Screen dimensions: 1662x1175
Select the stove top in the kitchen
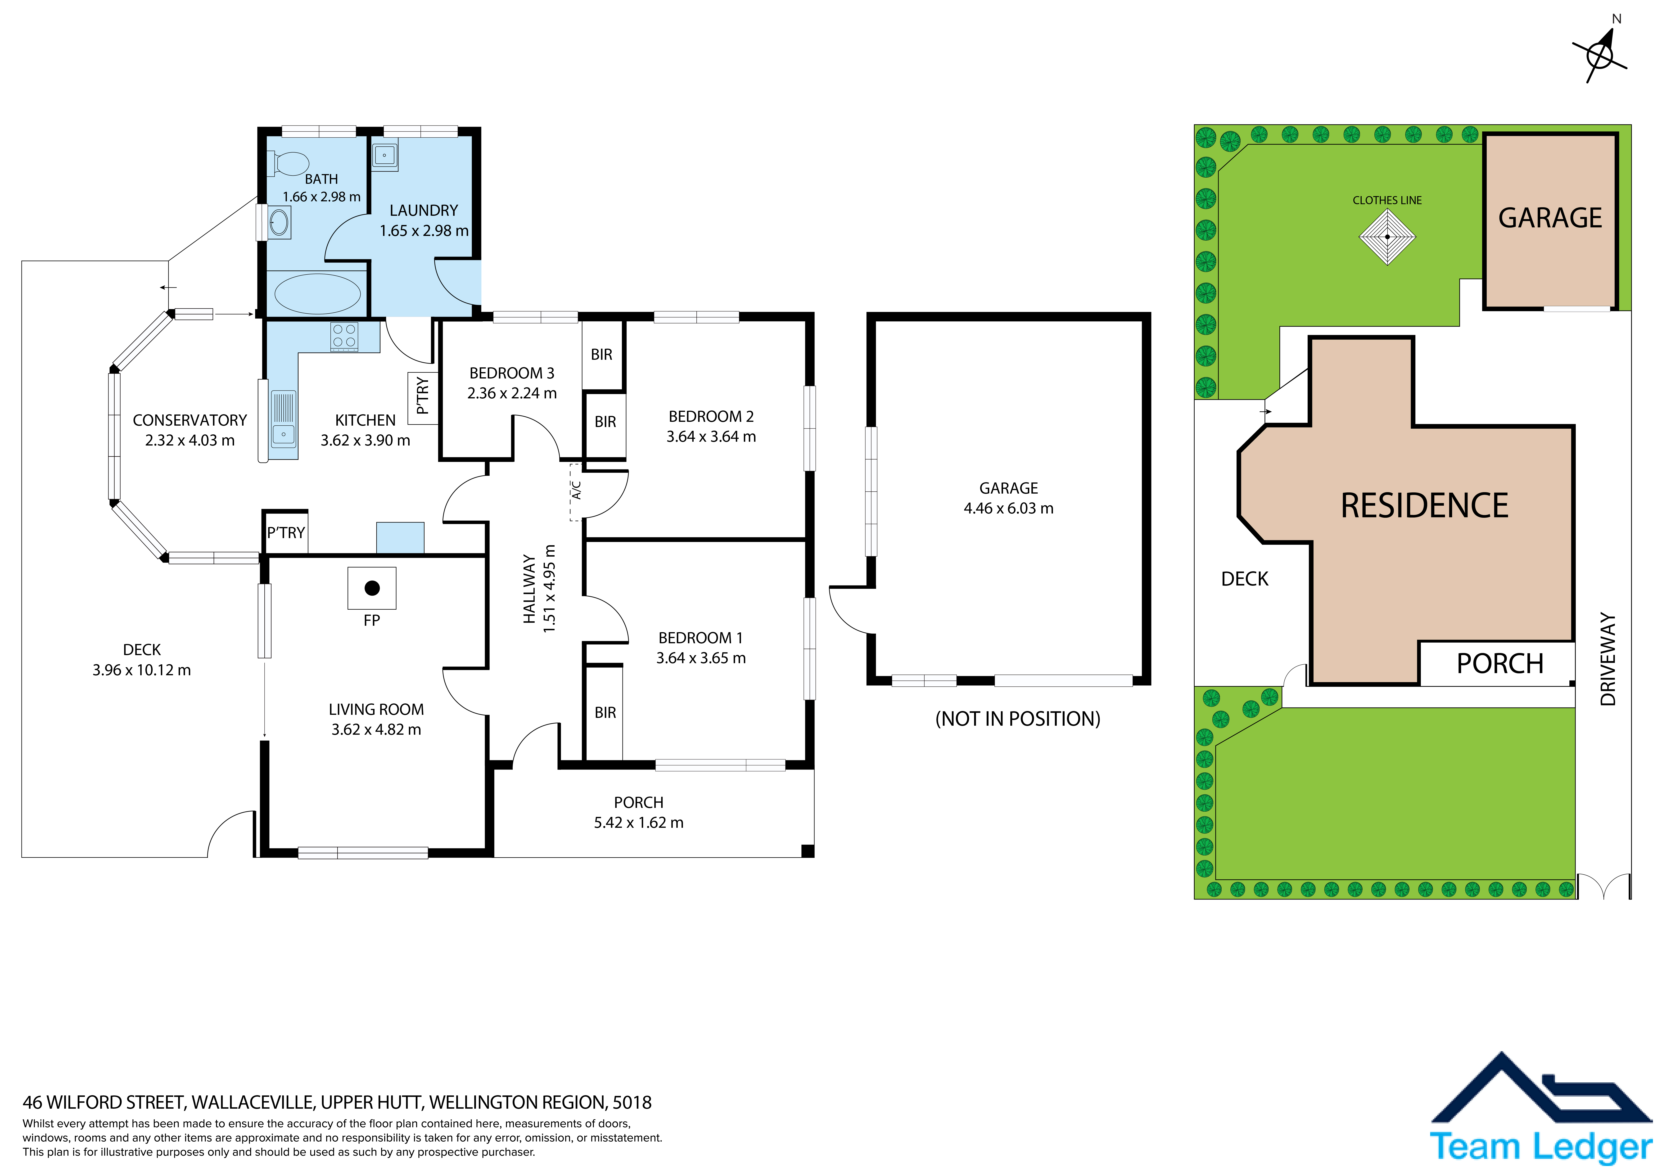344,337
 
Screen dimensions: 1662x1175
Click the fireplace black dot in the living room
372,588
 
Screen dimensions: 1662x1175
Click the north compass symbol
1601,51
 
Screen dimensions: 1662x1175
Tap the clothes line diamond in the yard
1387,237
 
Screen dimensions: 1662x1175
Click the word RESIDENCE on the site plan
1424,505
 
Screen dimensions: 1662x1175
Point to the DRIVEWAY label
1608,659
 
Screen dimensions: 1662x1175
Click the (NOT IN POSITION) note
1018,719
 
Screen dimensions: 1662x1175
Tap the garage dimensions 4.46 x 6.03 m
1008,508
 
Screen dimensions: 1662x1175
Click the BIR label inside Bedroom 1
605,712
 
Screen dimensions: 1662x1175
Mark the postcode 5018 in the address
632,1103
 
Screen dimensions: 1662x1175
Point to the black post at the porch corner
808,851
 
